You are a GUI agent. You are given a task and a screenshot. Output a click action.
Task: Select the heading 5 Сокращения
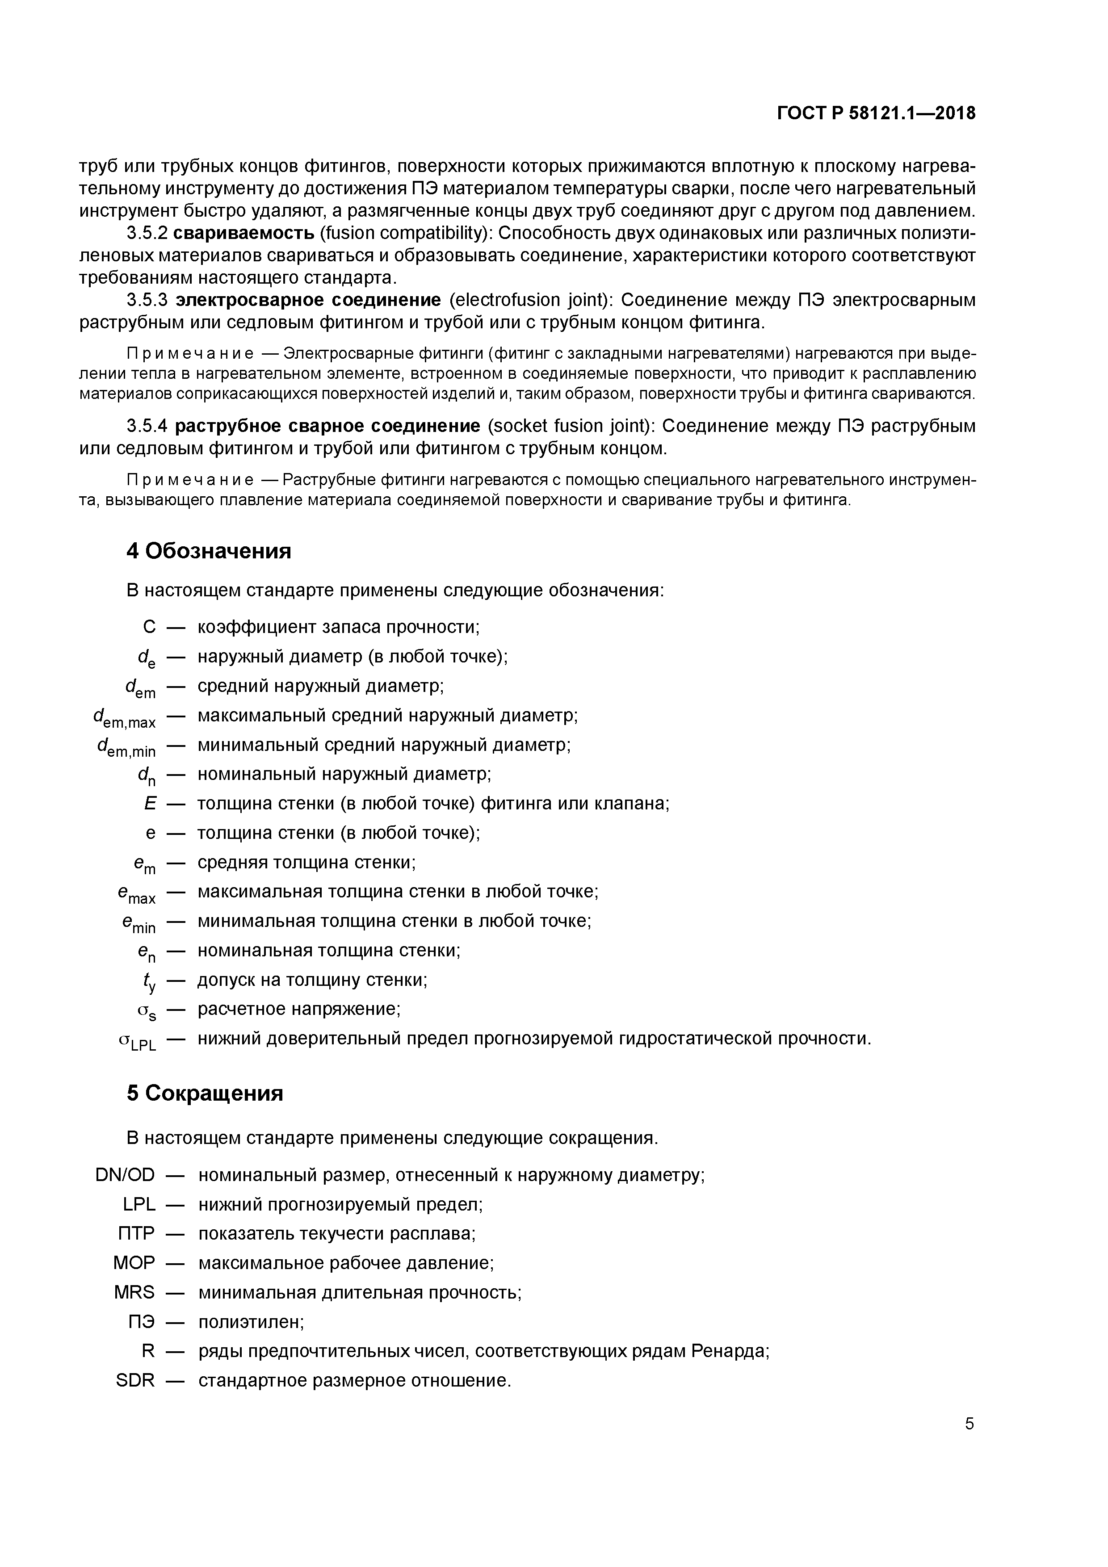tap(205, 1094)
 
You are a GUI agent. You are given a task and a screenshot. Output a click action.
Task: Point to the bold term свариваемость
tap(244, 234)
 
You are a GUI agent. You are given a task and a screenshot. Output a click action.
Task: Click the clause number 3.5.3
tap(147, 300)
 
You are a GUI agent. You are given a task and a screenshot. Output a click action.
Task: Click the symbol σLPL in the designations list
tap(137, 1040)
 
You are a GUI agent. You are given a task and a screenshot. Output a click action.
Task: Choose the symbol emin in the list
tap(138, 923)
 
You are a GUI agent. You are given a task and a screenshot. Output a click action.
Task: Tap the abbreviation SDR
tap(135, 1381)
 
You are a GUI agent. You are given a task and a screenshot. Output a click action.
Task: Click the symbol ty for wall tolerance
tap(149, 981)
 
